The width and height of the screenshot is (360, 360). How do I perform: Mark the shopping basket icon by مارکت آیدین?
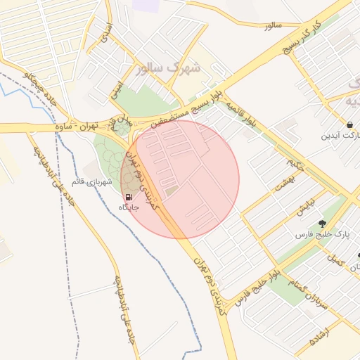tap(350, 124)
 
